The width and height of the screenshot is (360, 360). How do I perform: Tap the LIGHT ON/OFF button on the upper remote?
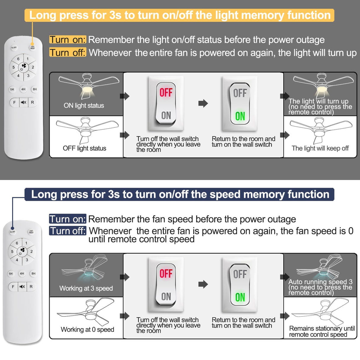coord(33,47)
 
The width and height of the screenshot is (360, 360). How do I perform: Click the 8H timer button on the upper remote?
coord(35,89)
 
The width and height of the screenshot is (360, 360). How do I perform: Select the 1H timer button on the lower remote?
coord(11,274)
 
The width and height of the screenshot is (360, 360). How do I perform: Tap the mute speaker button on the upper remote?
coord(23,102)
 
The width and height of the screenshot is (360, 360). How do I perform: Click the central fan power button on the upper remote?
coord(23,67)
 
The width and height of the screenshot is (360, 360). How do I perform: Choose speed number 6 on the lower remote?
coord(17,243)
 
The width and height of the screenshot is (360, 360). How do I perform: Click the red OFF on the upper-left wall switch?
coord(166,93)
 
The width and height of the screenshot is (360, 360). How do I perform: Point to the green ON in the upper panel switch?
coord(240,116)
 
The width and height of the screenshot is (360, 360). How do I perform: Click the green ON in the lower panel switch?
coord(240,297)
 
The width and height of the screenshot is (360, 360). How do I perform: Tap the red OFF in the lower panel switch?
coord(166,273)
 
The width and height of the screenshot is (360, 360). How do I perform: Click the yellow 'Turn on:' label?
coord(68,40)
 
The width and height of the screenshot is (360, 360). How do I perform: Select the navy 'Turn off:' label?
coord(68,231)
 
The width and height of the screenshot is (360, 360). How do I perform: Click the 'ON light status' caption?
coord(84,106)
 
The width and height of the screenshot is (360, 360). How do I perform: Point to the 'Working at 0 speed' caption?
coord(87,329)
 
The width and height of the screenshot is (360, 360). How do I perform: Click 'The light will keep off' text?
coord(320,148)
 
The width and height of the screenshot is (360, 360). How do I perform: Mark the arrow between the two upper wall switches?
coord(203,103)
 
